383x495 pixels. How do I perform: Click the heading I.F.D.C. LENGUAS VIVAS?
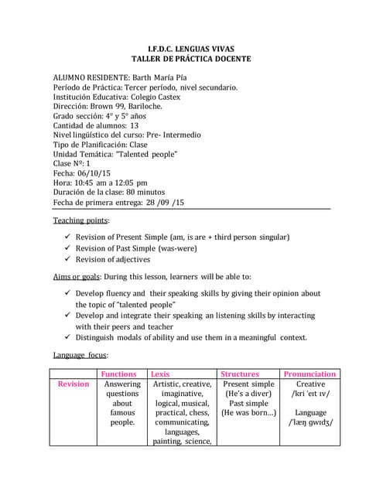[191, 46]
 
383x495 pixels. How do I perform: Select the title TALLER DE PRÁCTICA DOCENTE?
[191, 58]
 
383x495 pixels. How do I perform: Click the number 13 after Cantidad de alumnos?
[135, 125]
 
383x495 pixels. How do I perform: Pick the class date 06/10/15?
[94, 174]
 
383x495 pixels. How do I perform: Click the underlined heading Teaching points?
[80, 220]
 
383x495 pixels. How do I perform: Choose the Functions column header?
[119, 374]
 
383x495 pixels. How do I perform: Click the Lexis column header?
[161, 374]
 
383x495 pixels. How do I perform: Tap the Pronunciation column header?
[309, 374]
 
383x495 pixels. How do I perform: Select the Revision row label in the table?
[74, 384]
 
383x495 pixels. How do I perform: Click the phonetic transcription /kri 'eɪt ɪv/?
[310, 394]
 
